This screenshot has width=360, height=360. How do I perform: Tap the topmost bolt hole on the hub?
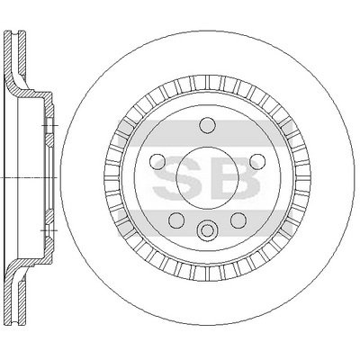point(208,125)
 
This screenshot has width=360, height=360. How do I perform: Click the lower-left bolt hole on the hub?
point(176,220)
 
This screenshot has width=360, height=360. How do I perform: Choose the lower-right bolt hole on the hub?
point(238,220)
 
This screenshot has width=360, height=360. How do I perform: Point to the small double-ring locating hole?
point(207,230)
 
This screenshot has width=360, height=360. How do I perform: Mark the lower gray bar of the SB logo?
point(204,222)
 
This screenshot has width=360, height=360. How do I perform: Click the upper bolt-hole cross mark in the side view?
point(49,125)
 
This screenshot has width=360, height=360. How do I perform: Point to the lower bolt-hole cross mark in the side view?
point(49,230)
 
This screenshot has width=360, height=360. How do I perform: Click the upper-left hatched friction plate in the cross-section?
point(8,57)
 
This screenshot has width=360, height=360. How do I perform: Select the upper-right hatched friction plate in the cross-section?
point(22,51)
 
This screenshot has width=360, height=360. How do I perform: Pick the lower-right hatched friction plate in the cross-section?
point(22,302)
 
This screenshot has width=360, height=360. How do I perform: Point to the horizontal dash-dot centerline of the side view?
point(29,177)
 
